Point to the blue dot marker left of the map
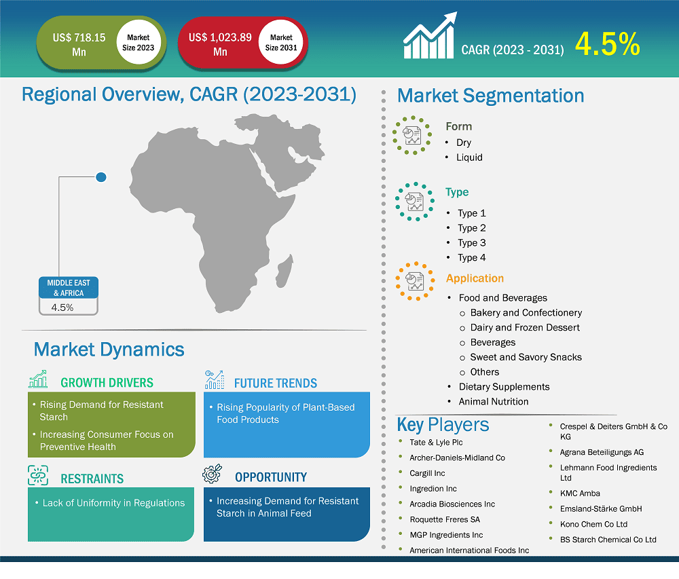pyautogui.click(x=101, y=177)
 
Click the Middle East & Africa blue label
pyautogui.click(x=68, y=288)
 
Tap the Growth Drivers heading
pyautogui.click(x=107, y=383)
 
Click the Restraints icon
pyautogui.click(x=38, y=476)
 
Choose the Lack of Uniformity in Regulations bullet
pyautogui.click(x=113, y=503)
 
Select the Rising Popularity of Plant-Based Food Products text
pyautogui.click(x=285, y=413)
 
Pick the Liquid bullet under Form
pyautogui.click(x=469, y=157)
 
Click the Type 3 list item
pyautogui.click(x=471, y=243)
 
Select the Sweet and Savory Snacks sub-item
pyautogui.click(x=526, y=357)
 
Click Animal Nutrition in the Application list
pyautogui.click(x=493, y=401)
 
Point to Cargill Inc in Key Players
pyautogui.click(x=427, y=473)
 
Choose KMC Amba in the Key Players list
pyautogui.click(x=580, y=493)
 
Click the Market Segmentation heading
pyautogui.click(x=490, y=96)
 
